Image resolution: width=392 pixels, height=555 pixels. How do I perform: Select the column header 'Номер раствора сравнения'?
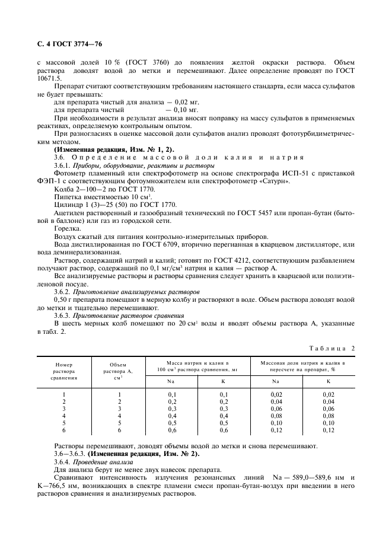click(64, 371)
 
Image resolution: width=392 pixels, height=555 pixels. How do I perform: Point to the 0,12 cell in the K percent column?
click(329, 430)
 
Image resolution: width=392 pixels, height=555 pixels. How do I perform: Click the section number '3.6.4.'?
click(62, 461)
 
